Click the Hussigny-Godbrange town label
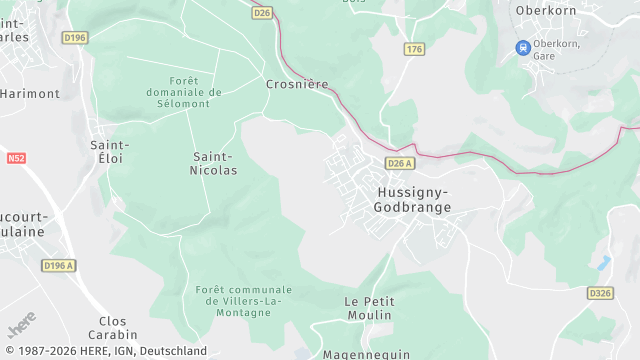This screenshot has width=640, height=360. point(412,199)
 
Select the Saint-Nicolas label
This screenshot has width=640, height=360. point(214,163)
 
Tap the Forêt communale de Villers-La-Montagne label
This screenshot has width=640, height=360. point(238,300)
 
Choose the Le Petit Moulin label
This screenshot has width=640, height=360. point(368,308)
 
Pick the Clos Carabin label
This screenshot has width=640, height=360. point(112,329)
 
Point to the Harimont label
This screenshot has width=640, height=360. point(30,93)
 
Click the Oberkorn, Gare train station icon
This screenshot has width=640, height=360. point(522,47)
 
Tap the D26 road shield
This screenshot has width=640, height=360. point(262,13)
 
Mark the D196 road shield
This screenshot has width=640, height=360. point(75,38)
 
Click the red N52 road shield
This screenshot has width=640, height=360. point(15,158)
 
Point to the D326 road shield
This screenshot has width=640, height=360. point(600,293)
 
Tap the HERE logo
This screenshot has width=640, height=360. point(22,326)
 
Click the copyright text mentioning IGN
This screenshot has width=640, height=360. point(104,351)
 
